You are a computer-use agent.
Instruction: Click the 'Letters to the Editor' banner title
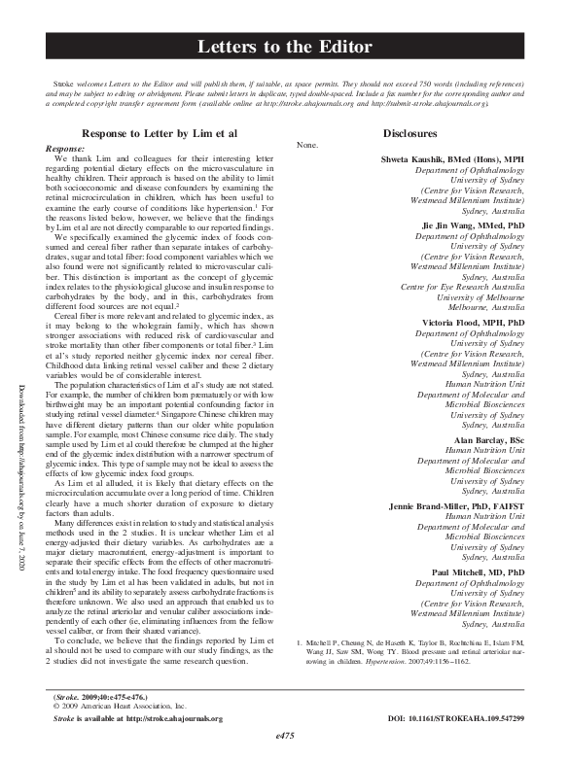click(x=284, y=47)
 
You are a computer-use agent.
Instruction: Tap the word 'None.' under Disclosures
click(x=306, y=145)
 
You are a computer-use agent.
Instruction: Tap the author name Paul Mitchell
click(x=479, y=573)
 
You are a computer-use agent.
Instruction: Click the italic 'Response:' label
click(x=65, y=147)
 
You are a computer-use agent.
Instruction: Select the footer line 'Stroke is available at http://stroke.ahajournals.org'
click(x=137, y=717)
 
